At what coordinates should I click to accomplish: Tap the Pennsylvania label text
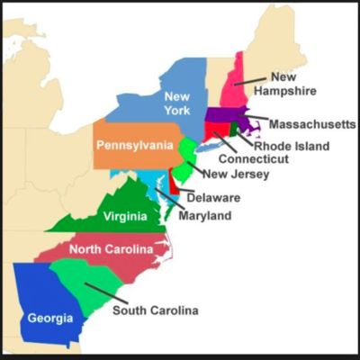pyautogui.click(x=135, y=145)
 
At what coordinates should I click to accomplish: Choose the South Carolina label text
pyautogui.click(x=155, y=310)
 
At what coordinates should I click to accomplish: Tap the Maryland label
pyautogui.click(x=204, y=216)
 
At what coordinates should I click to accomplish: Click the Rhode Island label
pyautogui.click(x=291, y=145)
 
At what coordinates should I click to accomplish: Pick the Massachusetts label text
pyautogui.click(x=311, y=123)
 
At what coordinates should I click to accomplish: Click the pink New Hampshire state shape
pyautogui.click(x=239, y=85)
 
